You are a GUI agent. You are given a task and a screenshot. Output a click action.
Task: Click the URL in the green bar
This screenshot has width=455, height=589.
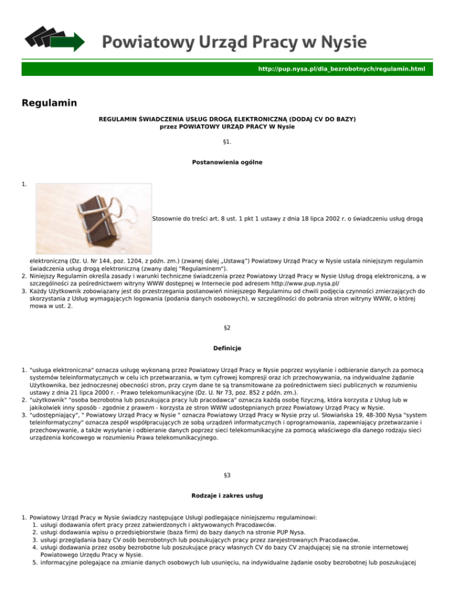click(341, 69)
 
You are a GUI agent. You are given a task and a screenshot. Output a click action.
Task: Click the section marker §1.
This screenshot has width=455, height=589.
click(227, 142)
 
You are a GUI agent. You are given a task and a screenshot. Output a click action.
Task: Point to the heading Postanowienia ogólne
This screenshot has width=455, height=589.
click(227, 162)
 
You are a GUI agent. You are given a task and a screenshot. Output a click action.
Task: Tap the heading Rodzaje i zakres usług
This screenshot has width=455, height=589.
click(227, 513)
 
